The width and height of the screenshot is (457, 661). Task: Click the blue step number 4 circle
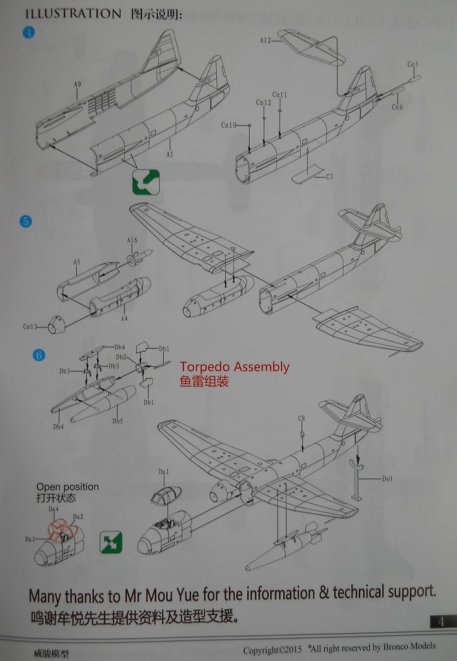[28, 32]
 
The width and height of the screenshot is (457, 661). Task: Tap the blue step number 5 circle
[25, 221]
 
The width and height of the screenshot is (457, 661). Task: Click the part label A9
[77, 85]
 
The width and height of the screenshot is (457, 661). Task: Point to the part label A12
[265, 40]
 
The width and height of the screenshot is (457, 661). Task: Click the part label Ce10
[228, 125]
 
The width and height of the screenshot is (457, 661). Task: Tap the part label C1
[329, 176]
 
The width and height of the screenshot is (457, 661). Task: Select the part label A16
[132, 240]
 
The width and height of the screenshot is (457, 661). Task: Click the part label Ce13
[31, 327]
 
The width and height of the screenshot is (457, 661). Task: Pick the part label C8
[301, 418]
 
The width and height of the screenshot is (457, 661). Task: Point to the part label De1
[387, 478]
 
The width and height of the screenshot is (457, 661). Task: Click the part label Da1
[163, 472]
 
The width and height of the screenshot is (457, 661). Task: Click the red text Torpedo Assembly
[234, 367]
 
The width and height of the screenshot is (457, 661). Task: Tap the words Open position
[67, 487]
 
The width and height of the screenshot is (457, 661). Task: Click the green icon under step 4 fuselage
[146, 181]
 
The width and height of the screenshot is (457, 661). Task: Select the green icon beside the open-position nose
[111, 542]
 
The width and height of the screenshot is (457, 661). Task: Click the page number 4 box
[441, 622]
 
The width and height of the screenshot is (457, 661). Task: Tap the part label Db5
[117, 421]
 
